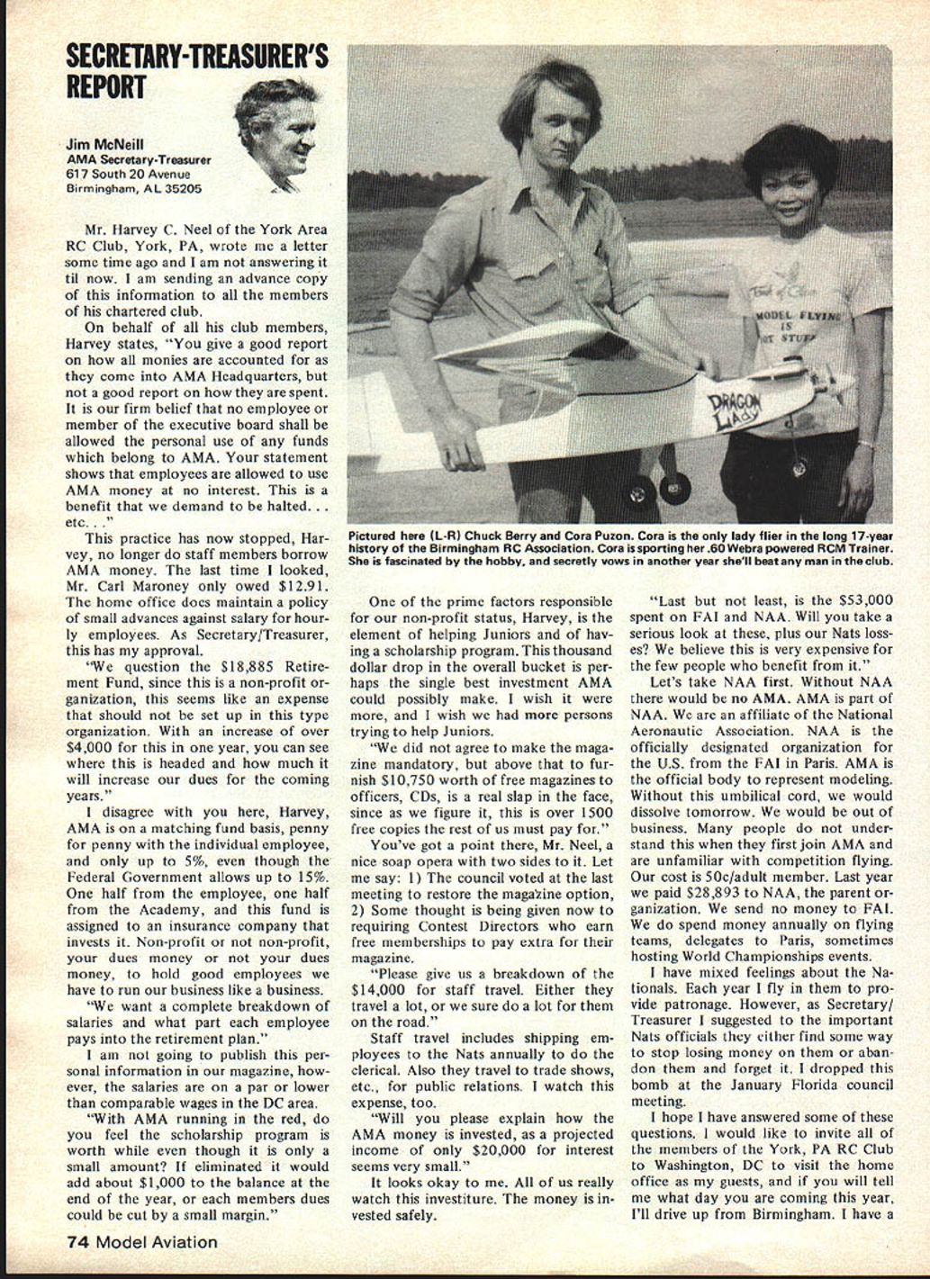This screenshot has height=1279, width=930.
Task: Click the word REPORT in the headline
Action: point(106,87)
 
